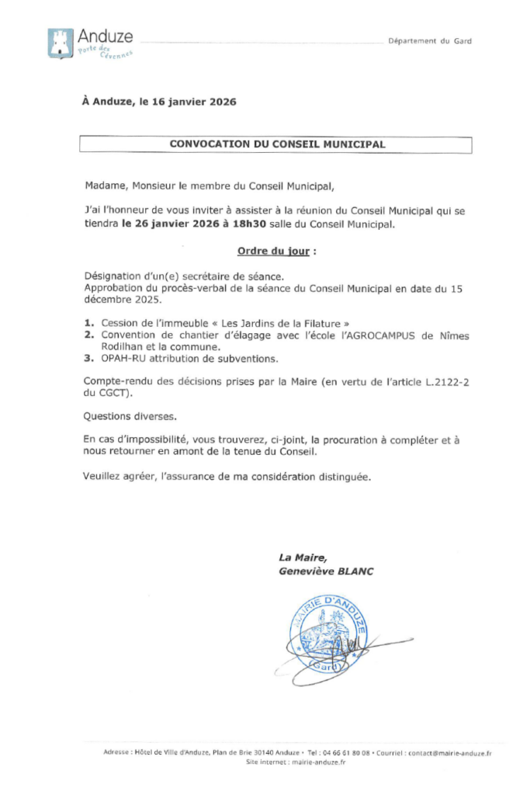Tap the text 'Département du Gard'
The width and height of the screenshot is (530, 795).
430,41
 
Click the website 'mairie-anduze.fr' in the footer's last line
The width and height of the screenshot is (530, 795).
319,762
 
